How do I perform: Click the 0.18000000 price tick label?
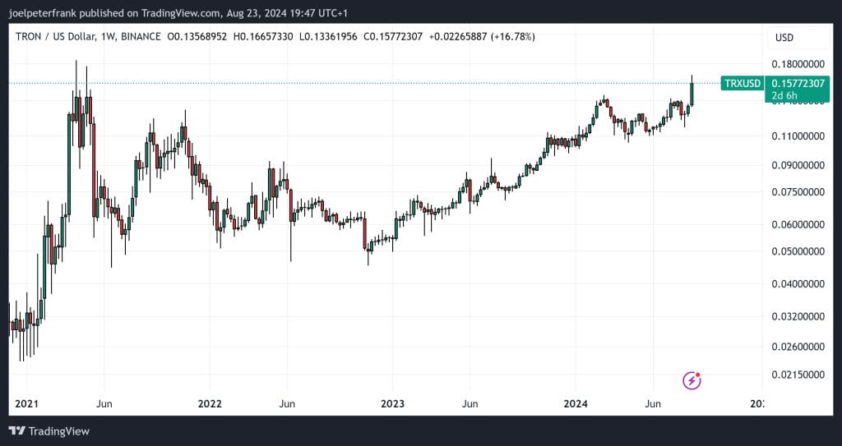click(799, 65)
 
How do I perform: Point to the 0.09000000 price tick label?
click(799, 165)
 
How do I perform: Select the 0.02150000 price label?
click(799, 375)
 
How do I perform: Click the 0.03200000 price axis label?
click(799, 316)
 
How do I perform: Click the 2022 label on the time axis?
click(210, 404)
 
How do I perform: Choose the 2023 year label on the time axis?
click(392, 404)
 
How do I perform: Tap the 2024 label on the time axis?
click(575, 404)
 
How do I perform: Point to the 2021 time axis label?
click(27, 404)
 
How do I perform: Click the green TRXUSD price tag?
click(742, 83)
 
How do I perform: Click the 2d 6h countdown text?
click(784, 96)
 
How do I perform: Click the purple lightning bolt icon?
click(692, 380)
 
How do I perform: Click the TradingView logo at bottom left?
click(49, 431)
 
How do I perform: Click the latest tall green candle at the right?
click(692, 93)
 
